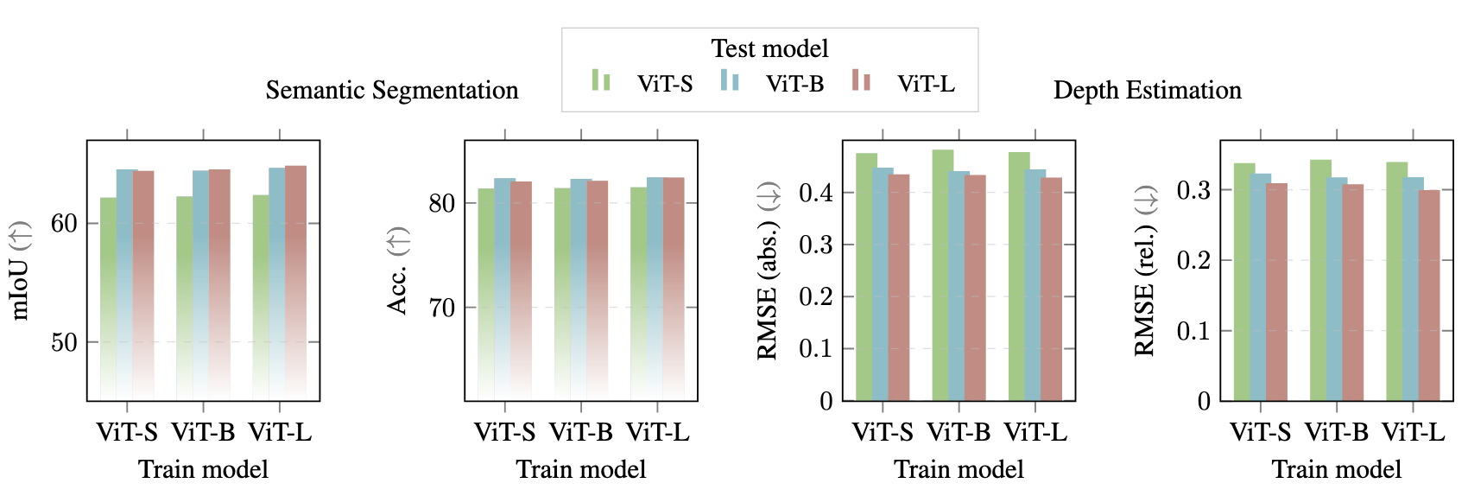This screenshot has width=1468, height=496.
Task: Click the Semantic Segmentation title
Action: [391, 91]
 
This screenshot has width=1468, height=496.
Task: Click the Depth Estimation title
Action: [1147, 91]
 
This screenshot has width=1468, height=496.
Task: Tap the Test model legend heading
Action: [769, 48]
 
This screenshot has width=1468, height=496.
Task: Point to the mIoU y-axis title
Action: [20, 270]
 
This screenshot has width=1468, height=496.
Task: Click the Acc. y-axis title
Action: [397, 270]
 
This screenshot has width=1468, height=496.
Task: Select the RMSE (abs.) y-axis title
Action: [768, 270]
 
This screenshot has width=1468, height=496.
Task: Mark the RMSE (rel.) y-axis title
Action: [1145, 270]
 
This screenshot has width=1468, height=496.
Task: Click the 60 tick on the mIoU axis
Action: [64, 224]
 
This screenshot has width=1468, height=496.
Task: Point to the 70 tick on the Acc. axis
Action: [441, 308]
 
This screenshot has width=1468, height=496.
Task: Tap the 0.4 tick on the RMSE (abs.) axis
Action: [816, 193]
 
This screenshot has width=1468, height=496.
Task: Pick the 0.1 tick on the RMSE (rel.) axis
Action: [1194, 331]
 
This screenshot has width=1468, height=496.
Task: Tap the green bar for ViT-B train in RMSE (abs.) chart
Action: [943, 277]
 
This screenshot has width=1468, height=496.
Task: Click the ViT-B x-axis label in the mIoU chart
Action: [203, 432]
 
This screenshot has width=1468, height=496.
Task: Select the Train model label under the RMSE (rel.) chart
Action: [1336, 469]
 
